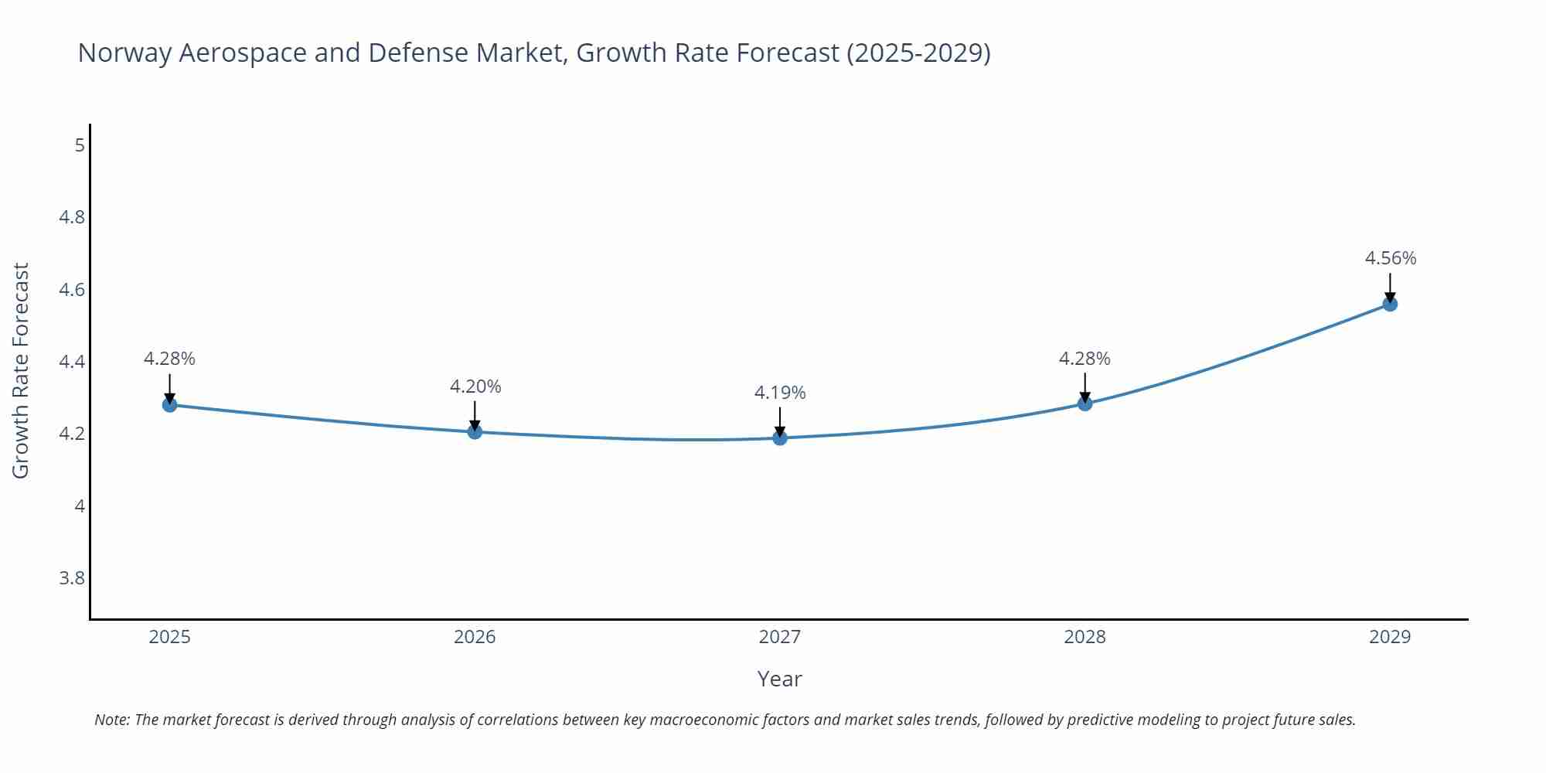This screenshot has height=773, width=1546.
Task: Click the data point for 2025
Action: pyautogui.click(x=170, y=404)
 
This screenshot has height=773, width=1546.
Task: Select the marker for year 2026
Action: pyautogui.click(x=475, y=431)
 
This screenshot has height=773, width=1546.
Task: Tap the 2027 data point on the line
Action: pyautogui.click(x=780, y=438)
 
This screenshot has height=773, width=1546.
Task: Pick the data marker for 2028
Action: pyautogui.click(x=1085, y=404)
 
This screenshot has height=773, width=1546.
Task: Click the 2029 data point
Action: pyautogui.click(x=1390, y=304)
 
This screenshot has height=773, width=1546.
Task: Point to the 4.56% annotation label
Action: pyautogui.click(x=1390, y=258)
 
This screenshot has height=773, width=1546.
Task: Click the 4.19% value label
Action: pyautogui.click(x=780, y=393)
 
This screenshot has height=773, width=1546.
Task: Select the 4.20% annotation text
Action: pyautogui.click(x=475, y=386)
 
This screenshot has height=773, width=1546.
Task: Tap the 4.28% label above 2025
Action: pyautogui.click(x=169, y=359)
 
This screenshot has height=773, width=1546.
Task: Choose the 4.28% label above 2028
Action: pyautogui.click(x=1085, y=359)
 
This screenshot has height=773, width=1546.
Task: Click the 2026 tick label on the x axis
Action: pyautogui.click(x=475, y=637)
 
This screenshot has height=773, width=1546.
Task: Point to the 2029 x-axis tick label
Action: pyautogui.click(x=1390, y=637)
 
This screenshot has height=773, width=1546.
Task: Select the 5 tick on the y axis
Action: pyautogui.click(x=80, y=145)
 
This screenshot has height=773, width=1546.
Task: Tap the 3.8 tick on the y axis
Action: pyautogui.click(x=72, y=578)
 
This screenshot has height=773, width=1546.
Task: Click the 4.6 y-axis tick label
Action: pyautogui.click(x=72, y=290)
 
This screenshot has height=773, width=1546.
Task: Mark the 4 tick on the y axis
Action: pyautogui.click(x=80, y=506)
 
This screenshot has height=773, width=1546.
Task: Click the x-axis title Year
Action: pyautogui.click(x=779, y=679)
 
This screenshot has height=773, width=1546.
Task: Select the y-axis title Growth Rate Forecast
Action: pyautogui.click(x=21, y=370)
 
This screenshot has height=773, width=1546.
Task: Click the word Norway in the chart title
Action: pyautogui.click(x=124, y=53)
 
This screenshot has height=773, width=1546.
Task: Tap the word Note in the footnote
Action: pyautogui.click(x=111, y=720)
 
